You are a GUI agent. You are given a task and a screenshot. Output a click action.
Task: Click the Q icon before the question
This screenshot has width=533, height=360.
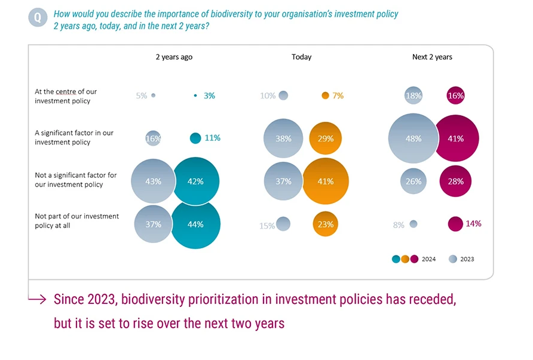click(37, 17)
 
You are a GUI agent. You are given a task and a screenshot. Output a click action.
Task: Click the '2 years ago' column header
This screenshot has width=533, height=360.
click(174, 57)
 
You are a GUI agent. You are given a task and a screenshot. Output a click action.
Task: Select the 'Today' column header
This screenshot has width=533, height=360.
click(301, 57)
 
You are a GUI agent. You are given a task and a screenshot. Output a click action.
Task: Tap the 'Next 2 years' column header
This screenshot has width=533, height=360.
click(432, 57)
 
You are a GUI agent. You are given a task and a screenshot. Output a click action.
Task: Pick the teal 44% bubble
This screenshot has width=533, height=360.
click(195, 224)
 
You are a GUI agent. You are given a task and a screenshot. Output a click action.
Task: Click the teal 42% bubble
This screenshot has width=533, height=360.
click(195, 181)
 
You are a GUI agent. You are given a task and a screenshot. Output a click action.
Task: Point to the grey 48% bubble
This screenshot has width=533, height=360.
click(413, 139)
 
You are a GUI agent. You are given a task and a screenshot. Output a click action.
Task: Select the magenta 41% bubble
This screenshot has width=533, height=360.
click(455, 139)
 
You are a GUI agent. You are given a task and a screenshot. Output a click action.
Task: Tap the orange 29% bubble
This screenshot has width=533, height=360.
click(326, 139)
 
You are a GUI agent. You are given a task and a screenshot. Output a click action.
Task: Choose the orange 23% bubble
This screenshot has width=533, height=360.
click(326, 224)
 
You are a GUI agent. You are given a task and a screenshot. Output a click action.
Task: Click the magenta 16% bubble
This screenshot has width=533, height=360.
click(455, 96)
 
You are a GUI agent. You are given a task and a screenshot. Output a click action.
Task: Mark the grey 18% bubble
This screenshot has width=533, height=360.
click(413, 96)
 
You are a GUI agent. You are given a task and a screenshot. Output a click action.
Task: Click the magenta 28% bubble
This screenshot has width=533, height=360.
click(455, 181)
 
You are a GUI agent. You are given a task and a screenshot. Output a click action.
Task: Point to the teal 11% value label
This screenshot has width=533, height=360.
click(213, 138)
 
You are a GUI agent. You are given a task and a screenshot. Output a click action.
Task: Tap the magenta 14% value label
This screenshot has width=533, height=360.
click(473, 224)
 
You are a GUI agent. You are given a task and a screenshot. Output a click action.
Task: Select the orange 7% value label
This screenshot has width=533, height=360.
click(338, 96)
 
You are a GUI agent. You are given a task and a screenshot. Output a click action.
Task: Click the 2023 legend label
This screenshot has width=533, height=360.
click(467, 259)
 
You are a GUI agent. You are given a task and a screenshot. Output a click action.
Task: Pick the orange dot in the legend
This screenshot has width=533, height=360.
click(405, 259)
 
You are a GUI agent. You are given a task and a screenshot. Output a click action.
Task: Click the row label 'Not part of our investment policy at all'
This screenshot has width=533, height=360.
click(76, 221)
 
